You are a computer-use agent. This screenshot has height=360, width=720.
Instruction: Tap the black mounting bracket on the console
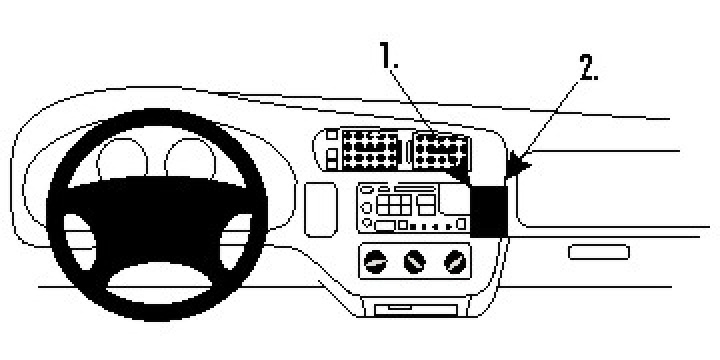(489, 208)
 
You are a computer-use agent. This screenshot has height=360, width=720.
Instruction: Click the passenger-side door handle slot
(598, 251)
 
